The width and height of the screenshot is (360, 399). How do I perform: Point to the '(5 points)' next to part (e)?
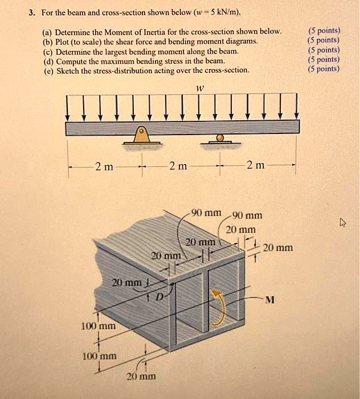[322, 69]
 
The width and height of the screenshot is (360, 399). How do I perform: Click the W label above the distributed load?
[199, 88]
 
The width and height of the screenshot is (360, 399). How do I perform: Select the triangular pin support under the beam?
[140, 136]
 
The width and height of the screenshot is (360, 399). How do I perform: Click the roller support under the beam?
[220, 138]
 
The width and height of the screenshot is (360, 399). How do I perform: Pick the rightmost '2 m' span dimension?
[256, 166]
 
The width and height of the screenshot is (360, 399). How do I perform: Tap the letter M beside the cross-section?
[271, 300]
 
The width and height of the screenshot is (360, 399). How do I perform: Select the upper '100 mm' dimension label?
[98, 327]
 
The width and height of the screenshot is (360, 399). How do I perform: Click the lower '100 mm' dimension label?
[98, 356]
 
